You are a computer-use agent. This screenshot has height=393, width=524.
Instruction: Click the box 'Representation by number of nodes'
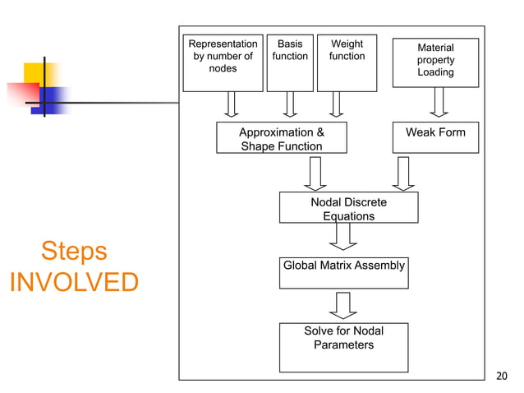pyautogui.click(x=223, y=62)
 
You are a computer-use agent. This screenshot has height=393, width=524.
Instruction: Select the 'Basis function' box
pyautogui.click(x=290, y=62)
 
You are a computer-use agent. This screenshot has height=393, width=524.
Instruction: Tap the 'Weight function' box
pyautogui.click(x=347, y=62)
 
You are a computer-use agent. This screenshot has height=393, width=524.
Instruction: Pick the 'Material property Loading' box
pyautogui.click(x=435, y=62)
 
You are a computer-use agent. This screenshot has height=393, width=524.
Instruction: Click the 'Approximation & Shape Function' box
pyautogui.click(x=281, y=138)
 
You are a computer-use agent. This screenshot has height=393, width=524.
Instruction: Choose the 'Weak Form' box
pyautogui.click(x=435, y=138)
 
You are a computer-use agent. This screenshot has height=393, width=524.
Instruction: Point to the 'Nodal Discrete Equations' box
pyautogui.click(x=348, y=207)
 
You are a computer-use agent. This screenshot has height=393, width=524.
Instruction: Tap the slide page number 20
pyautogui.click(x=503, y=377)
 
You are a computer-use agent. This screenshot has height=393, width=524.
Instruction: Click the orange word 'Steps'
pyautogui.click(x=74, y=251)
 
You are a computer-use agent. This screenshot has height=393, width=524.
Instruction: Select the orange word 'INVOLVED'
pyautogui.click(x=74, y=282)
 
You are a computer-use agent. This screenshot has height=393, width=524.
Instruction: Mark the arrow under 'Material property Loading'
pyautogui.click(x=439, y=103)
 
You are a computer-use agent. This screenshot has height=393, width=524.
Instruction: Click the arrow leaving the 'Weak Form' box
pyautogui.click(x=403, y=173)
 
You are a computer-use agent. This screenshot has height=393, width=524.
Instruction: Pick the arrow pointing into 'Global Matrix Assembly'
pyautogui.click(x=342, y=236)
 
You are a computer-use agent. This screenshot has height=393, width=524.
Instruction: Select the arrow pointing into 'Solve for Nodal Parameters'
pyautogui.click(x=342, y=305)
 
